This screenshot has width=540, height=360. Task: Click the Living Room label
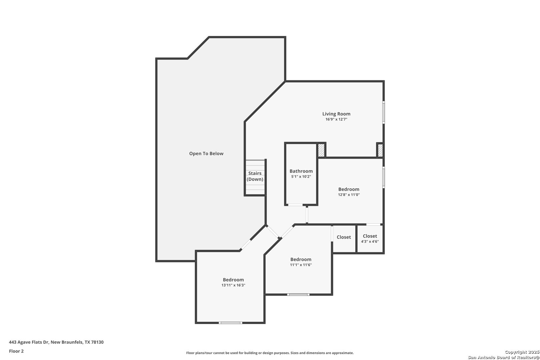point(336,114)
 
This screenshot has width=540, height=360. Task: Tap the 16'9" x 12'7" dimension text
point(336,119)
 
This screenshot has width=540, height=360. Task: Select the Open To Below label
point(206,154)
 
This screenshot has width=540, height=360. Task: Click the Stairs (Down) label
point(255,176)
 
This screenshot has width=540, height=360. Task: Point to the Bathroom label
point(301,171)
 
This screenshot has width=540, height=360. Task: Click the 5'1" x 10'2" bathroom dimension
point(301,177)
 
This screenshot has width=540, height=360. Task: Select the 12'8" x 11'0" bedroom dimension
point(349,195)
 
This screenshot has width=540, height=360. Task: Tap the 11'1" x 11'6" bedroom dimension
point(301,265)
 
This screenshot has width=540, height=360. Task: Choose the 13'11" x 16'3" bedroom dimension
point(233,285)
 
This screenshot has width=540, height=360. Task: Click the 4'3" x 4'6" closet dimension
point(370,242)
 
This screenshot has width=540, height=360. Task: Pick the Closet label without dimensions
point(344,237)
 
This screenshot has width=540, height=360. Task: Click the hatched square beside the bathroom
point(321,150)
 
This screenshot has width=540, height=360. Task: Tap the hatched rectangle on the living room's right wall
point(380,150)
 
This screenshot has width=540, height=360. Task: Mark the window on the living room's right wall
point(384,112)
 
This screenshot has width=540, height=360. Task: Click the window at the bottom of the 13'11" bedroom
point(230,323)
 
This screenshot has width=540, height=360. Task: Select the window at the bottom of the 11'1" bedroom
point(298,295)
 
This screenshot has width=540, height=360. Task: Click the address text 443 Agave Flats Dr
point(29,342)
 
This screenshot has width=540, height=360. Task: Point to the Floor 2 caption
point(16,351)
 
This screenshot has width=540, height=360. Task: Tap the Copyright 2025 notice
point(522,352)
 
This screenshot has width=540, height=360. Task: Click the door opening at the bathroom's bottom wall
point(296,205)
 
